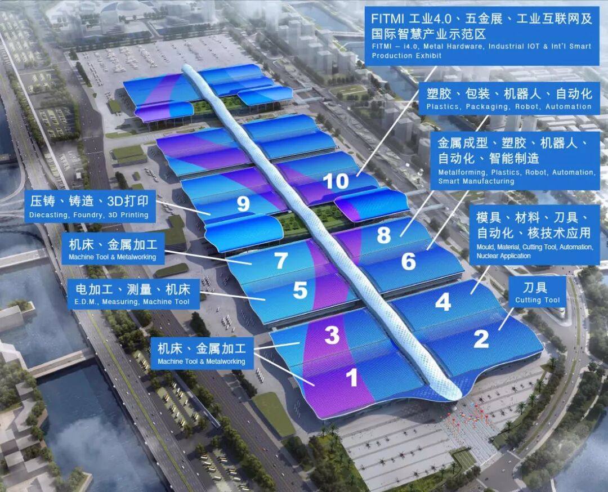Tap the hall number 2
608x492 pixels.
[481, 338]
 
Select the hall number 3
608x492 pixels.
[332, 335]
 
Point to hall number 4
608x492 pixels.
[443, 302]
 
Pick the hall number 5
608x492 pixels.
[300, 290]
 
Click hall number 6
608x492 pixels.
[408, 261]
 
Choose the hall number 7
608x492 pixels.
[281, 261]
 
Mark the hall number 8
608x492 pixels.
[383, 235]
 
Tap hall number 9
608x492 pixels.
[243, 204]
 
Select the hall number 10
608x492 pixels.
[336, 181]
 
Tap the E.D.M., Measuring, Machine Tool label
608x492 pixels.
[132, 294]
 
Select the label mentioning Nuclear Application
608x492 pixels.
[534, 236]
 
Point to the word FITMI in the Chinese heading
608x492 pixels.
[387, 19]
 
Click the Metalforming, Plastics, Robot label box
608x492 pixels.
[516, 159]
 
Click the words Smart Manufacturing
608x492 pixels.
[476, 181]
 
